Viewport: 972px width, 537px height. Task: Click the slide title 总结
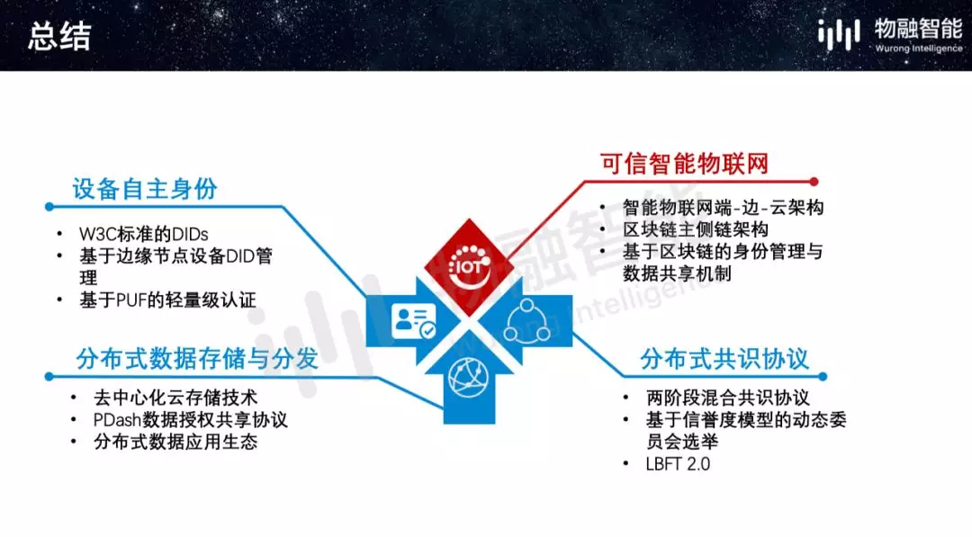coord(59,36)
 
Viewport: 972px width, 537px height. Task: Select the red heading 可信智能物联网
coord(684,164)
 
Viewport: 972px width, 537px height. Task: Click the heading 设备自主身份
coord(145,189)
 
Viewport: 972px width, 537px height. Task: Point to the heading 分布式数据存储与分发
coord(197,359)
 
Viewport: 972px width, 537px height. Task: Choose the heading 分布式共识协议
coord(724,359)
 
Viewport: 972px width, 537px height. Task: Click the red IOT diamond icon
coord(469,267)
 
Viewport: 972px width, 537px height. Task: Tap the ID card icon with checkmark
coord(413,321)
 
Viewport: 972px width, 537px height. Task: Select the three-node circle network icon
coord(526,321)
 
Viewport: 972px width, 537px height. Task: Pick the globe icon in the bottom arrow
coord(469,377)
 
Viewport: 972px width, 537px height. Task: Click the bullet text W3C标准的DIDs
coord(144,234)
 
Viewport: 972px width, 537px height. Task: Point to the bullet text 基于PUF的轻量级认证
coord(167,300)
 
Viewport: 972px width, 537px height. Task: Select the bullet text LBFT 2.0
coord(679,464)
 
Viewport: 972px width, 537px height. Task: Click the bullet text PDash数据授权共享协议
coord(190,420)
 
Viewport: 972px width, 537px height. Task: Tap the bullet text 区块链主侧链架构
coord(696,229)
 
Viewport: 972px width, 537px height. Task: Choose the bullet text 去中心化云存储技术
coord(175,398)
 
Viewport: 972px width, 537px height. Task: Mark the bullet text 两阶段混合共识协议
coord(728,398)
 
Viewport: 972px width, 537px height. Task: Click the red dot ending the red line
coord(814,182)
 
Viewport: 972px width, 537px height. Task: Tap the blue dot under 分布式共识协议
coord(823,377)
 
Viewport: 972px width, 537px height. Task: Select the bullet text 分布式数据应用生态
coord(175,443)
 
